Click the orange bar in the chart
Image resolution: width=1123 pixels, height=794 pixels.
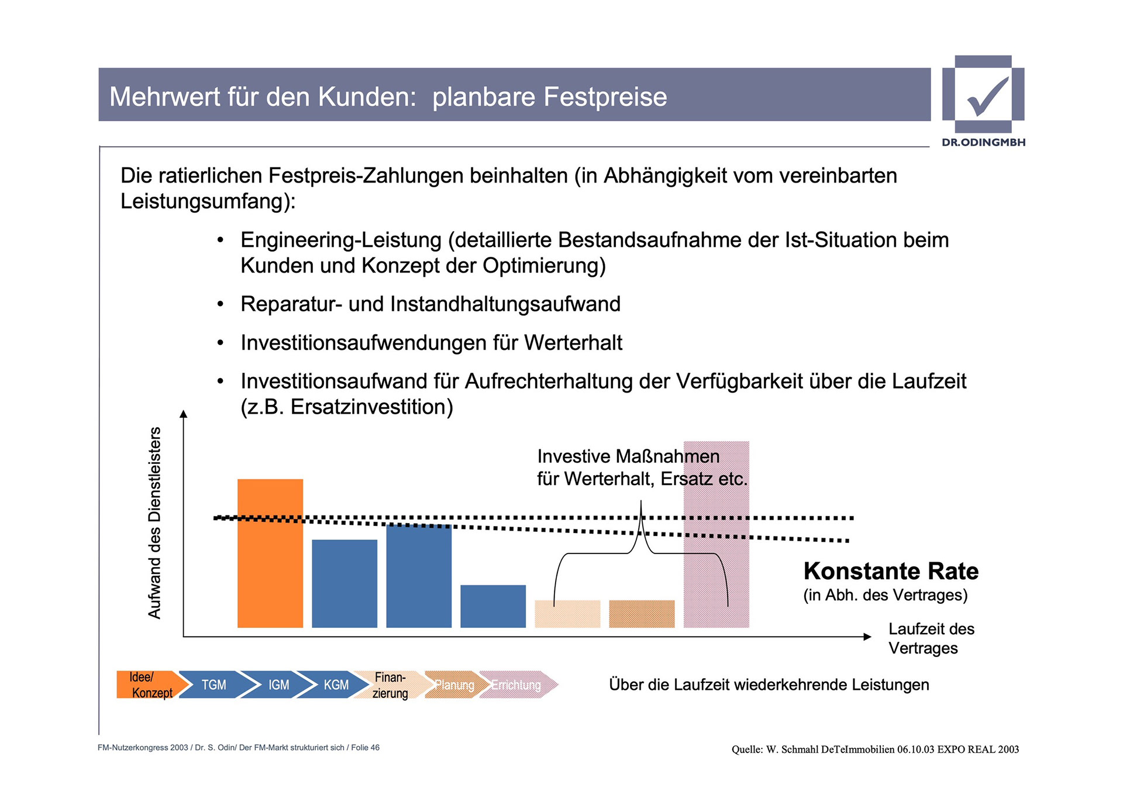pyautogui.click(x=270, y=553)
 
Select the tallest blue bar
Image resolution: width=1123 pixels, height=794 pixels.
pyautogui.click(x=419, y=576)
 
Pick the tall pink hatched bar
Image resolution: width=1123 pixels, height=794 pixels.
pyautogui.click(x=716, y=534)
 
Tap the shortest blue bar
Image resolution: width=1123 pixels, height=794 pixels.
pyautogui.click(x=493, y=606)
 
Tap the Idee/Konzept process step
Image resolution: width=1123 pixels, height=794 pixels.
pyautogui.click(x=149, y=685)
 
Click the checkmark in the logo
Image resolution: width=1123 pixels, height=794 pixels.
pyautogui.click(x=987, y=95)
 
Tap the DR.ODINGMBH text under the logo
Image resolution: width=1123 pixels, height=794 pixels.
pyautogui.click(x=983, y=142)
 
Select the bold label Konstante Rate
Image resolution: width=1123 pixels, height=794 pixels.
pyautogui.click(x=890, y=571)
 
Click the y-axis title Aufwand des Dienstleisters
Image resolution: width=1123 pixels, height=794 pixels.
pyautogui.click(x=154, y=523)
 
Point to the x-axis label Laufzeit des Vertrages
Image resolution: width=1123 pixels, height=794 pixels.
pyautogui.click(x=931, y=638)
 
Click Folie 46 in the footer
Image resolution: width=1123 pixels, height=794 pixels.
pyautogui.click(x=365, y=748)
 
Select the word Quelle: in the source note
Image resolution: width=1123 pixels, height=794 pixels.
pyautogui.click(x=747, y=750)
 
